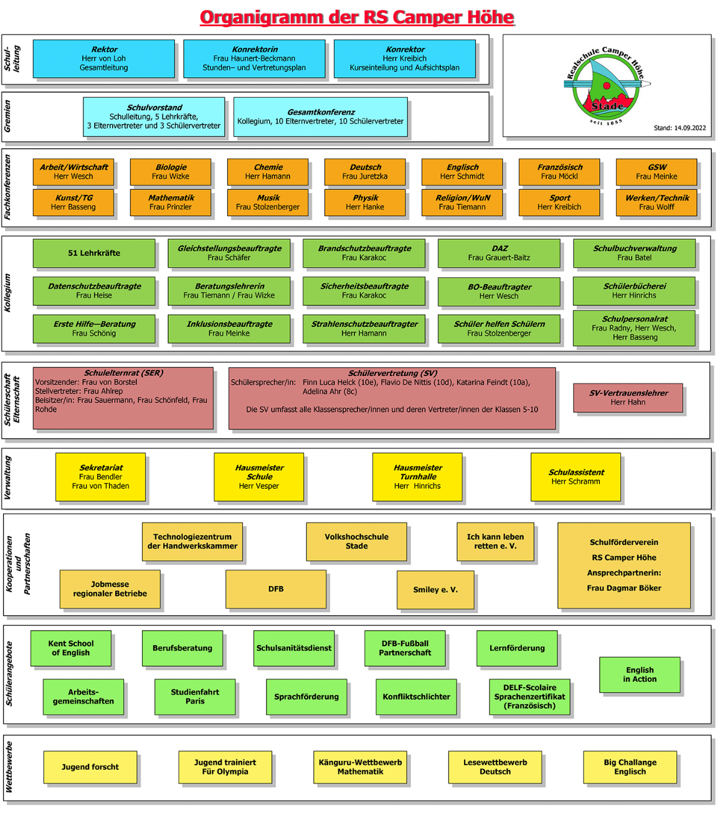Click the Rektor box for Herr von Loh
point(103,59)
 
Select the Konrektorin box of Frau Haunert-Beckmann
point(254,59)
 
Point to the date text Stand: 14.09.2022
point(680,128)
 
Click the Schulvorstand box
point(154,116)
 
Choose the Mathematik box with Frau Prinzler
point(171,202)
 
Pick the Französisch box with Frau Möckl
point(559,172)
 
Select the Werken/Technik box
point(656,202)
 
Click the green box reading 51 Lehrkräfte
point(94,253)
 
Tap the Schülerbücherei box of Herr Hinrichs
point(634,291)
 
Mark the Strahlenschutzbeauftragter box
point(364,328)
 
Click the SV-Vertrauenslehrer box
point(628,398)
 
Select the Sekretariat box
point(100,477)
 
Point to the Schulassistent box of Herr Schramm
point(576,477)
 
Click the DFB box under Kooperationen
point(276,589)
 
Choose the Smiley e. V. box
point(435,590)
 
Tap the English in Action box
point(640,674)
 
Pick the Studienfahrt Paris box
point(195,697)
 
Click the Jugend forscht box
point(90,767)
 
